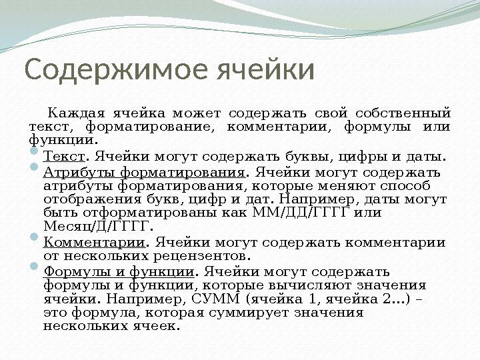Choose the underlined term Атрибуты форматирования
coord(143,173)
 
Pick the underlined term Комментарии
coord(94,242)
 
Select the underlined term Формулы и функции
coord(119,271)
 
